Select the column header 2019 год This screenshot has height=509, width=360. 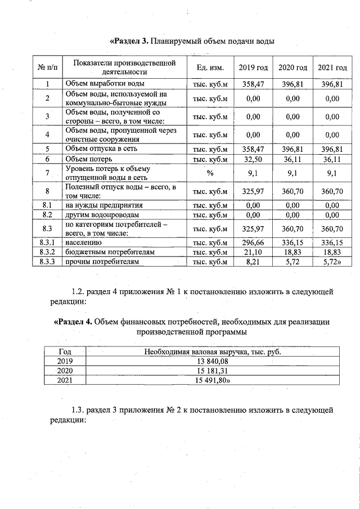253,67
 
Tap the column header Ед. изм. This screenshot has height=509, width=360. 210,67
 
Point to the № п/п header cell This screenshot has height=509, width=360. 48,67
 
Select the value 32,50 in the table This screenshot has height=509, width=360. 253,159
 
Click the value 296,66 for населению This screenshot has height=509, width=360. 253,242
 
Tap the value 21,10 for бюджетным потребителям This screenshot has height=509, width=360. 253,252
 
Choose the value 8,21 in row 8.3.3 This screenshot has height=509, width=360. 253,262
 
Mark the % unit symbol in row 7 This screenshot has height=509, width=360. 210,173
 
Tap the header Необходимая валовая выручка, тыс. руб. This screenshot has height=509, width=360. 212,352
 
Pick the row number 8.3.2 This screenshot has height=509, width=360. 48,252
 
